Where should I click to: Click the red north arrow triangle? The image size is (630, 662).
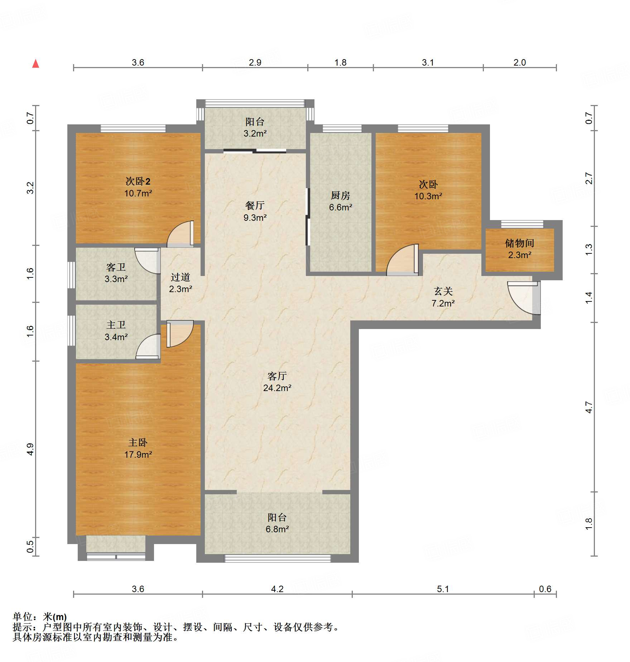click(35, 64)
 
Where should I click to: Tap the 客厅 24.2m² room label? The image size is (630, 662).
click(277, 382)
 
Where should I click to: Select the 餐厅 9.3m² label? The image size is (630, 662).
click(255, 211)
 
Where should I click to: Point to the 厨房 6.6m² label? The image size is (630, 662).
click(340, 201)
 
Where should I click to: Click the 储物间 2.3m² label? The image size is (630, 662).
click(520, 249)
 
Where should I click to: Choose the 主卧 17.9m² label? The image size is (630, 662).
click(138, 448)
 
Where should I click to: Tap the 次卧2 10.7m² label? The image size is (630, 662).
click(138, 187)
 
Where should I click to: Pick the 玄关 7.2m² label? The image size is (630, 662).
click(443, 297)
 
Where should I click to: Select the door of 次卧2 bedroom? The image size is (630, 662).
click(181, 234)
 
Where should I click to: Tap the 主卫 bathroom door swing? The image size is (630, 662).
click(148, 346)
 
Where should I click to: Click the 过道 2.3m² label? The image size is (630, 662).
click(181, 283)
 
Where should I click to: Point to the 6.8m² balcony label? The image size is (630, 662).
click(277, 523)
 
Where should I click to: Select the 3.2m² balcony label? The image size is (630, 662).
click(255, 127)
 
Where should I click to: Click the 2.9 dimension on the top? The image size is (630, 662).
click(255, 62)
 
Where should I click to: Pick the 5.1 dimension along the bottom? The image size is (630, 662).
click(443, 589)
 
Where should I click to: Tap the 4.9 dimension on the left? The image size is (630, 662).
click(30, 449)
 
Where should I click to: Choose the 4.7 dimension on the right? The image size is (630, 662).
click(589, 407)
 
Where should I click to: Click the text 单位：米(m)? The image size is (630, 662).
click(40, 617)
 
